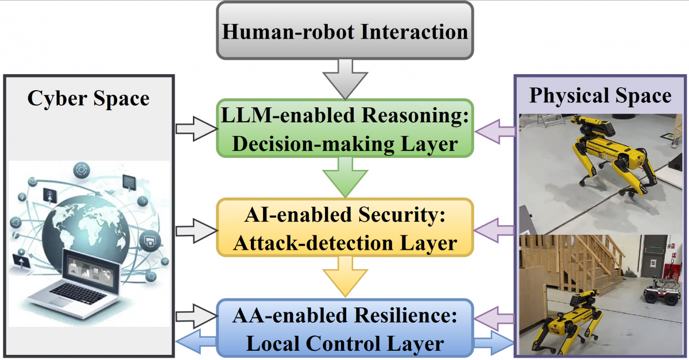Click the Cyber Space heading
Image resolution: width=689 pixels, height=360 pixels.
tap(88, 98)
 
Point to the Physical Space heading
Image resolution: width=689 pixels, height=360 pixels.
tap(600, 95)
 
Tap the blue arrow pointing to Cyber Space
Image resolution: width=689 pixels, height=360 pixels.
tap(195, 343)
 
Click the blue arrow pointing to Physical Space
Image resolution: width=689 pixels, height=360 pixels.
tap(494, 343)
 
